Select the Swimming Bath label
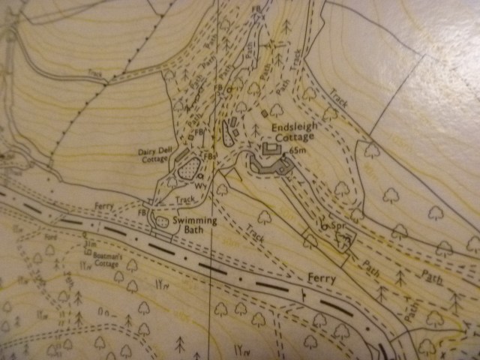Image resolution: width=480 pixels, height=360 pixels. point(195,226)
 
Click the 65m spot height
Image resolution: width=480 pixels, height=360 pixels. point(298,151)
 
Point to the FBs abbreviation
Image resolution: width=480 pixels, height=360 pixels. point(212,156)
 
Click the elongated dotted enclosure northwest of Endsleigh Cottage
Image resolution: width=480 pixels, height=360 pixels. point(226,131)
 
